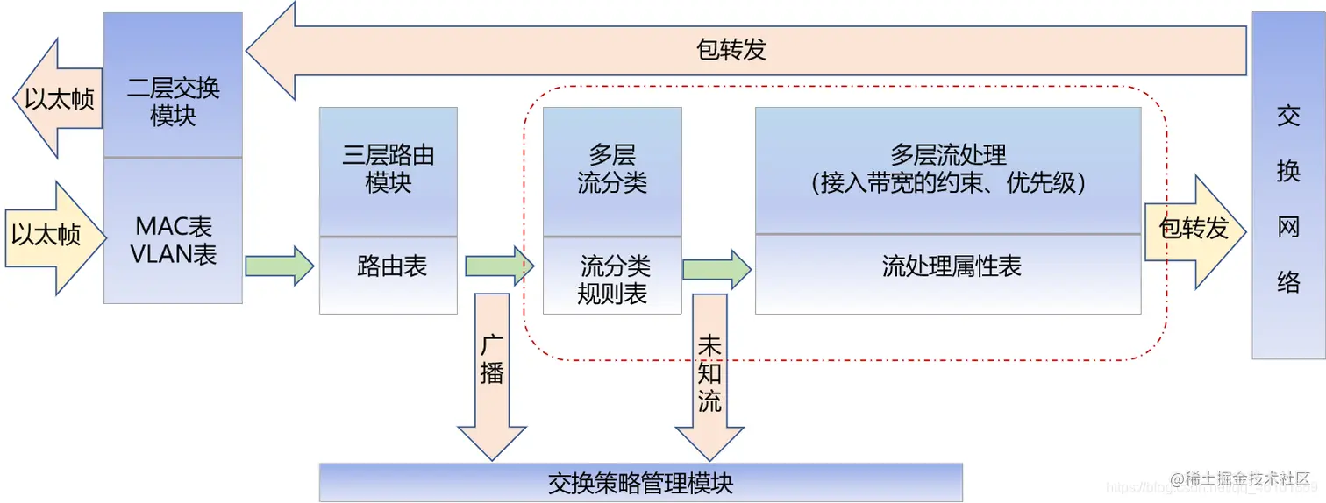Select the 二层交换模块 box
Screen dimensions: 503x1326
pos(173,86)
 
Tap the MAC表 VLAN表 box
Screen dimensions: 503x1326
pos(173,232)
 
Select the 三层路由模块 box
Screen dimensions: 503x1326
pos(388,171)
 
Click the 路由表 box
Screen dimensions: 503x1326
pos(388,273)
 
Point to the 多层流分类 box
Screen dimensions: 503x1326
pos(612,171)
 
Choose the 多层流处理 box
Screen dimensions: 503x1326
pos(947,170)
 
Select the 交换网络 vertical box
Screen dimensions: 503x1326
pos(1287,186)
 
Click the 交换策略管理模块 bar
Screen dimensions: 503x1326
pos(640,483)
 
